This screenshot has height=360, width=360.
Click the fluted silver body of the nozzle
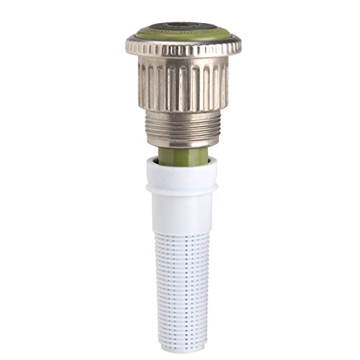(x=183, y=84)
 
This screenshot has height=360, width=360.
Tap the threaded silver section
(x=184, y=127)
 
